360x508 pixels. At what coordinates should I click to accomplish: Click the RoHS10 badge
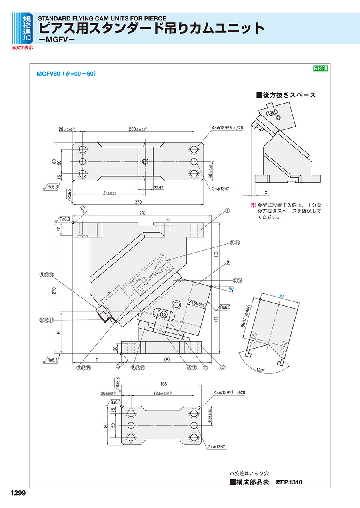click(x=320, y=68)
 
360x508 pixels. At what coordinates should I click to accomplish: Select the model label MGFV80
click(x=48, y=74)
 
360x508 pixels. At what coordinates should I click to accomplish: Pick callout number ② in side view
click(x=228, y=263)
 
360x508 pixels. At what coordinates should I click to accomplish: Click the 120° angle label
click(x=260, y=370)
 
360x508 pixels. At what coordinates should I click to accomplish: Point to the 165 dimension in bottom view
click(x=163, y=384)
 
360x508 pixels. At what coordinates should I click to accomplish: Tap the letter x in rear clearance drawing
click(x=266, y=191)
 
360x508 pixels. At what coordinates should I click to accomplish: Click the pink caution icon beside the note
click(x=253, y=205)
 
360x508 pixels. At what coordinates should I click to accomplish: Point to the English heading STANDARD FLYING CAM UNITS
click(x=102, y=18)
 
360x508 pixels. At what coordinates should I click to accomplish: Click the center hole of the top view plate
click(x=146, y=161)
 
